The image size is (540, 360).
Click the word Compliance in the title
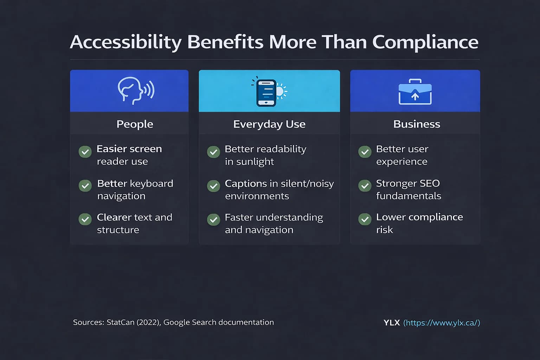click(425, 42)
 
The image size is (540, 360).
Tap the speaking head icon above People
click(135, 91)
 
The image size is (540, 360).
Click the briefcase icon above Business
click(415, 92)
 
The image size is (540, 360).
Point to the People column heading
click(135, 124)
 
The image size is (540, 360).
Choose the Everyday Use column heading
click(269, 124)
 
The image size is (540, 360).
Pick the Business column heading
click(417, 124)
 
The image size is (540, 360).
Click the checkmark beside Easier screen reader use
click(85, 152)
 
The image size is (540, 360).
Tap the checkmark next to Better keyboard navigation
click(85, 186)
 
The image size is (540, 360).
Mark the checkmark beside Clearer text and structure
click(85, 219)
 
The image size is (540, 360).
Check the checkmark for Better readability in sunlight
click(213, 152)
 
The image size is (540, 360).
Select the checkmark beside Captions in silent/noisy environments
click(213, 186)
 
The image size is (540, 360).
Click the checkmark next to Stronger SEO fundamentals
click(365, 186)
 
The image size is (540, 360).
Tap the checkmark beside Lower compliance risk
click(365, 219)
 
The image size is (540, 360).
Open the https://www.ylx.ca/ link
click(442, 323)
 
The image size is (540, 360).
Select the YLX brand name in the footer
click(392, 323)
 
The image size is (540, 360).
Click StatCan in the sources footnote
click(120, 322)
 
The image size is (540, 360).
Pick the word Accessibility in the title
click(126, 42)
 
